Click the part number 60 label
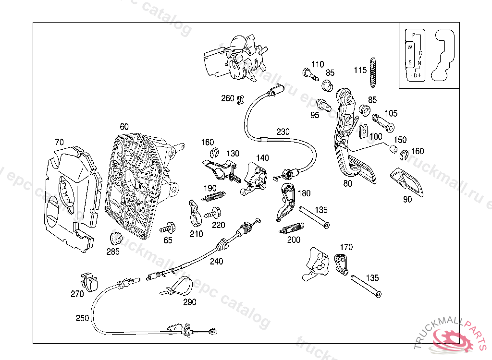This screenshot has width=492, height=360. (124, 127)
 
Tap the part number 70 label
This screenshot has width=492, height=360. (59, 142)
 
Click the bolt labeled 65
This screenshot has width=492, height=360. (169, 227)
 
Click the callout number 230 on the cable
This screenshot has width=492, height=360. (283, 132)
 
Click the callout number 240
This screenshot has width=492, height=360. (217, 262)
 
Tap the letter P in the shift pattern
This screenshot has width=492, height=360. (414, 35)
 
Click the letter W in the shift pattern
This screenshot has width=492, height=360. (410, 47)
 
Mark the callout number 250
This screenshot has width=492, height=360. (82, 318)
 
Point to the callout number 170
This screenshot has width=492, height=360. (346, 247)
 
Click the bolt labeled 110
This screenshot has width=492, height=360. (309, 73)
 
